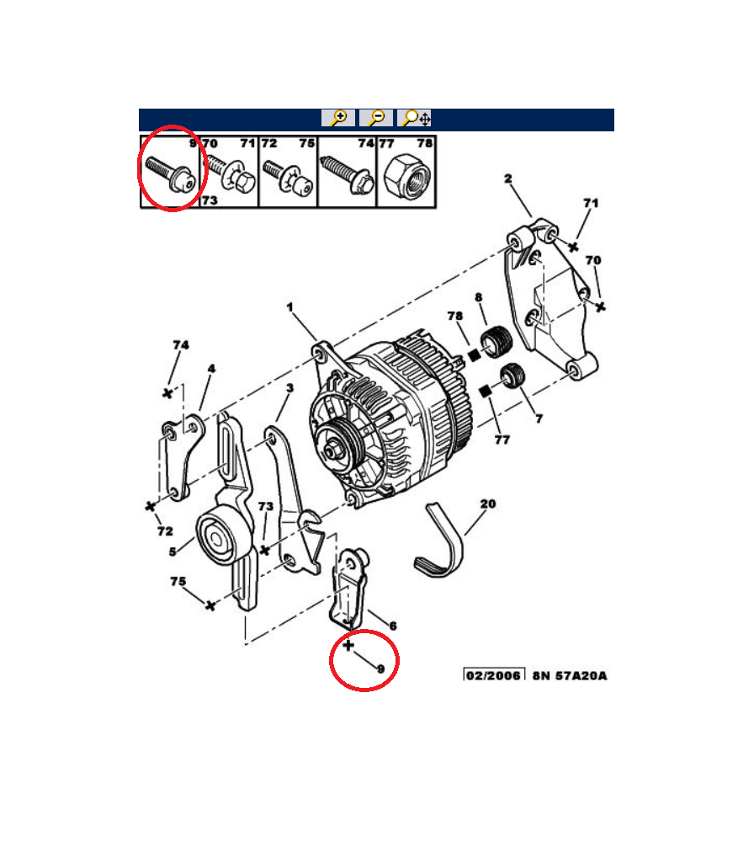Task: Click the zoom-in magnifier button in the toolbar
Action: tap(338, 118)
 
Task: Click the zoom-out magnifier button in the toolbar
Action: tap(376, 118)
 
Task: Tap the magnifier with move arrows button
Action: tap(414, 118)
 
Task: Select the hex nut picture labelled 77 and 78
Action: tap(407, 174)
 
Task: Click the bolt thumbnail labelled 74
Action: tap(348, 174)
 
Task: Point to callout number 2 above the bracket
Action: tap(507, 179)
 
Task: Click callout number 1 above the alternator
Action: tap(289, 307)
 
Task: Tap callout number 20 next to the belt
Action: tap(488, 504)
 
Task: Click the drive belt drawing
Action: tap(438, 541)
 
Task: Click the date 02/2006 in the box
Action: tap(493, 675)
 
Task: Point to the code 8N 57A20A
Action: tap(570, 675)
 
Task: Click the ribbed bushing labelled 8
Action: tap(496, 342)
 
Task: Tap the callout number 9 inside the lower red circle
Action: tap(381, 669)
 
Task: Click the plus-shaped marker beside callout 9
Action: tap(348, 645)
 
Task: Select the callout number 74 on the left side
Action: tap(181, 345)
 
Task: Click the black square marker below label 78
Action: tap(473, 355)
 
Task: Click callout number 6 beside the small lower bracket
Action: tap(393, 626)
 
